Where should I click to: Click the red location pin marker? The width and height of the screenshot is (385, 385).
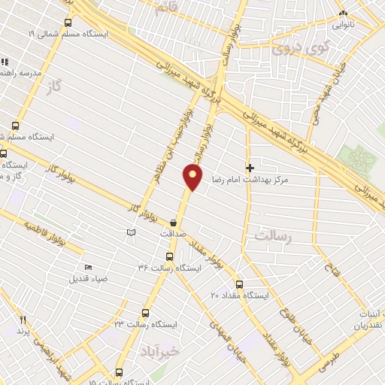tap(193, 177)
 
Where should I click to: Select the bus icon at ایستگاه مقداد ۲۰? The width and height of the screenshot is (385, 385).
tap(239, 284)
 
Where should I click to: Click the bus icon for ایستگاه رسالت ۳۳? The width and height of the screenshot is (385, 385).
tap(146, 313)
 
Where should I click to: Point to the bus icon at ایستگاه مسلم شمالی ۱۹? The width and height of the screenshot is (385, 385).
tap(69, 23)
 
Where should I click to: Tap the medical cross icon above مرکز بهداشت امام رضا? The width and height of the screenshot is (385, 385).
tap(250, 168)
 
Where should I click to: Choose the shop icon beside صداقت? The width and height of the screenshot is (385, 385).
tap(174, 223)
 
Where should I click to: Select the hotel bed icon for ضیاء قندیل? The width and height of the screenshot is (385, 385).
tap(89, 267)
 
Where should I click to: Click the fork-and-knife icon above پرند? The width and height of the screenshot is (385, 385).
tap(23, 320)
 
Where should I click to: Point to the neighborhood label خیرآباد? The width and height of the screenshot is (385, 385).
tap(161, 351)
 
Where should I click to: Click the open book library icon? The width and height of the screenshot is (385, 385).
tap(132, 234)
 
